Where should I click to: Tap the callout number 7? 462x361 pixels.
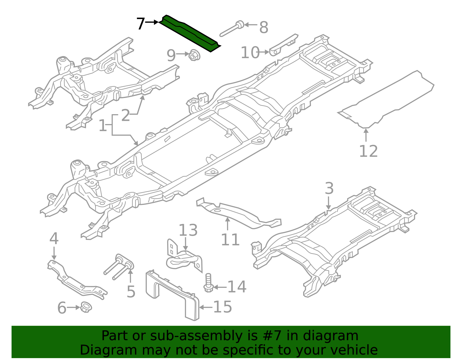[x=140, y=24]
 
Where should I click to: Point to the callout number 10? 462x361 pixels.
[x=250, y=53]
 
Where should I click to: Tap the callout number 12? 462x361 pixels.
[x=368, y=151]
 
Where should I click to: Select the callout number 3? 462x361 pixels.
[x=329, y=188]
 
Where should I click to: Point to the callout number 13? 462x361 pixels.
[x=188, y=230]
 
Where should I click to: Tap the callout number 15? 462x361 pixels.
[x=222, y=307]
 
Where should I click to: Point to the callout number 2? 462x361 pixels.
[x=126, y=116]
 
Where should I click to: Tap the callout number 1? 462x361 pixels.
[x=103, y=126]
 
